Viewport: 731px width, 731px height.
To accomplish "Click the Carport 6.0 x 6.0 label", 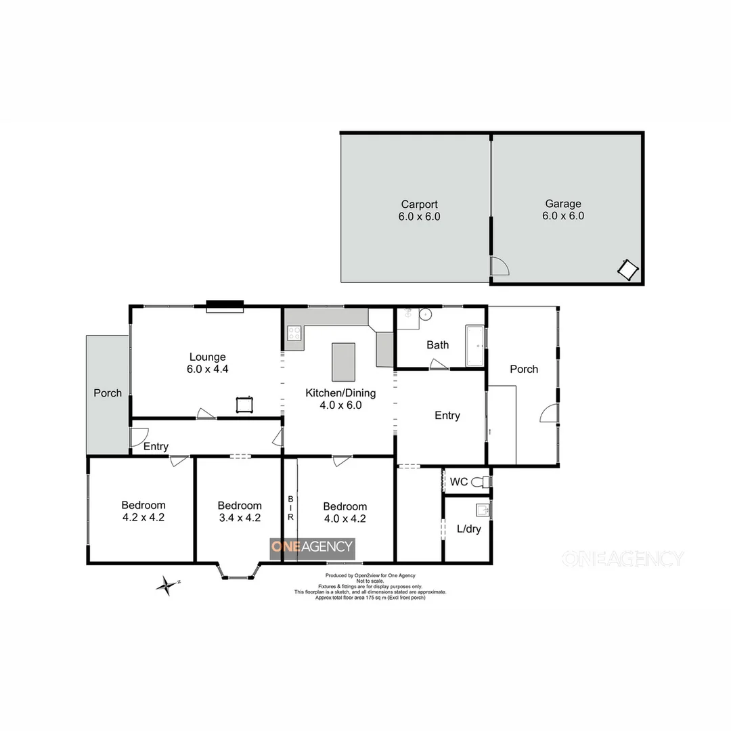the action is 419,211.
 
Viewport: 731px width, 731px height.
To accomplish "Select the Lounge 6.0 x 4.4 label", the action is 207,363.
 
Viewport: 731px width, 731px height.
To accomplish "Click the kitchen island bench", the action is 343,362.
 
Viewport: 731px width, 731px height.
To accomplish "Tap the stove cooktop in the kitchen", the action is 295,332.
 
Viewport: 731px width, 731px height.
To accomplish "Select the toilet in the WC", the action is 481,483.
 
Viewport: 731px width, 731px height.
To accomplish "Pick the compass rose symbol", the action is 164,585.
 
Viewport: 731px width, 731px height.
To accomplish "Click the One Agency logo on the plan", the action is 312,547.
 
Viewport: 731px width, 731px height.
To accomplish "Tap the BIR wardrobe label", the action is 290,508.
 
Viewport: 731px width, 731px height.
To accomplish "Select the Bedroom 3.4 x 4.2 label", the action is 240,511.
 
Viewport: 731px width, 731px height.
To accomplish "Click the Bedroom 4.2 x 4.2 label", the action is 143,511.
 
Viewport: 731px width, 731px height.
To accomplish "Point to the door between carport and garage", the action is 499,267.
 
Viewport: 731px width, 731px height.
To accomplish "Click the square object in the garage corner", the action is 627,270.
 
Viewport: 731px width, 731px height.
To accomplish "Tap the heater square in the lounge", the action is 244,404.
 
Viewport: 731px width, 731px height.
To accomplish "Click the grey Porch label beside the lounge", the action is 108,393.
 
